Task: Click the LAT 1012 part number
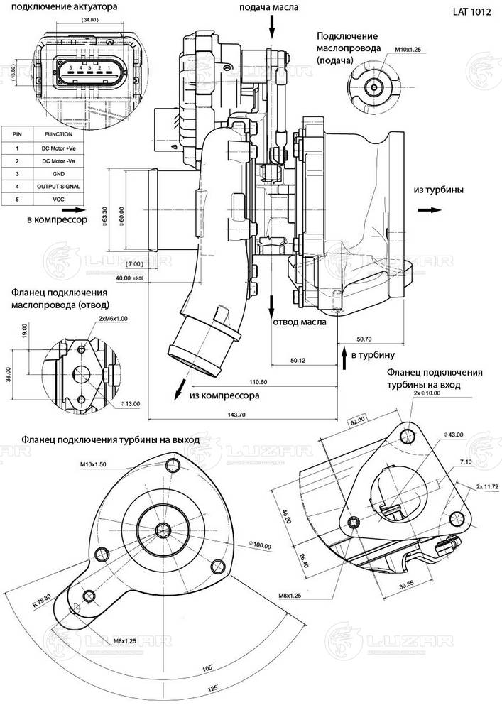(x=471, y=12)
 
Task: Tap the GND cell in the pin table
(x=58, y=173)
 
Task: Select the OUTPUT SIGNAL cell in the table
(x=58, y=187)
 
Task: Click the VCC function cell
(x=58, y=200)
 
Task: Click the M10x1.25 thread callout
(x=408, y=51)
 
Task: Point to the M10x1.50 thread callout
(x=94, y=465)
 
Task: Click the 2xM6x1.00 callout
(x=114, y=319)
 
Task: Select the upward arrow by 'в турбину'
(x=345, y=360)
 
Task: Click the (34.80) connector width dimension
(x=90, y=21)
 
